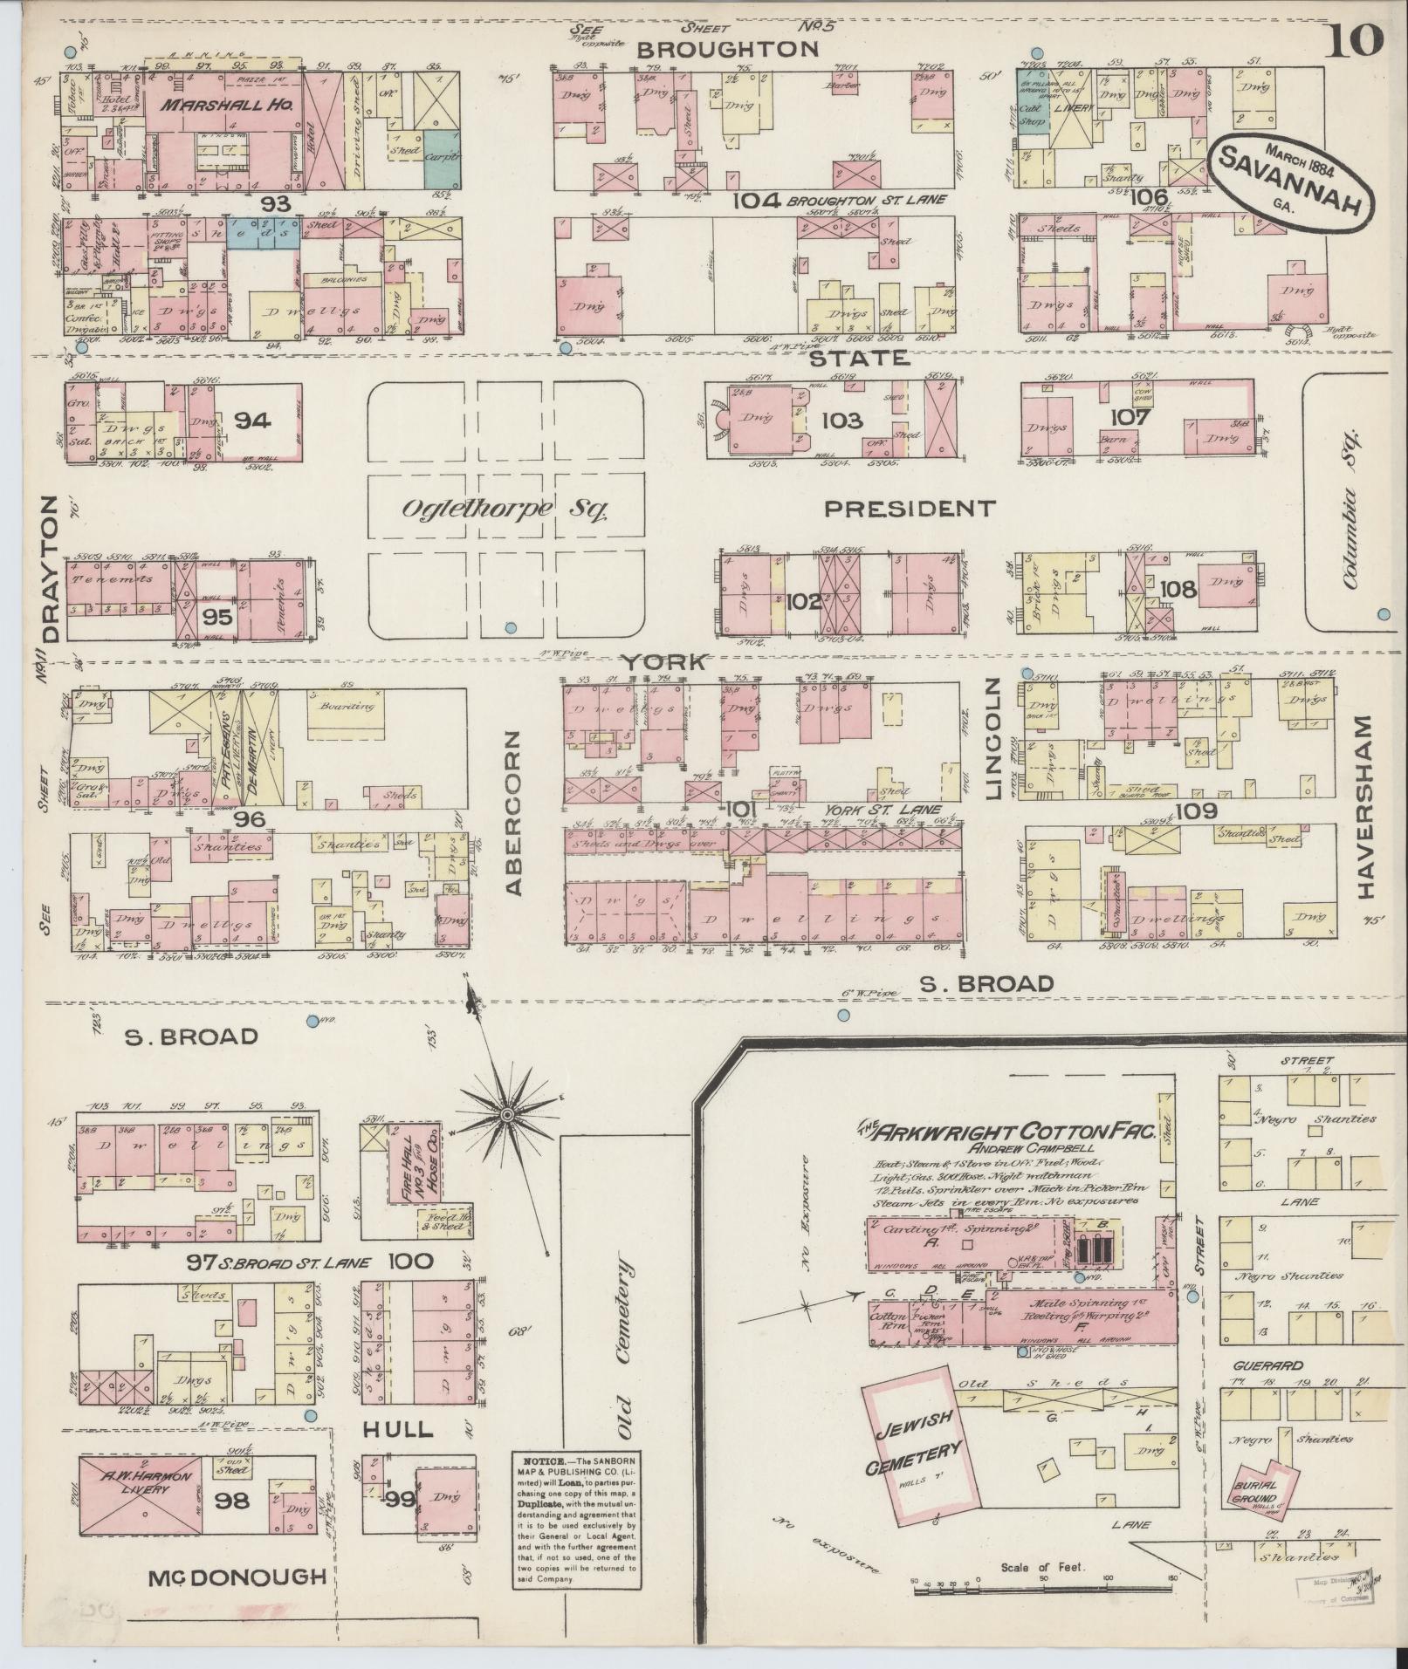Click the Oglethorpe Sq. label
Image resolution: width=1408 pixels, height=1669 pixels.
pos(504,509)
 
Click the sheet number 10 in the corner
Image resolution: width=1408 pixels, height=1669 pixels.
pos(1353,39)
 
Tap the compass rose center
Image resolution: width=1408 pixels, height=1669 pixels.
pos(505,1114)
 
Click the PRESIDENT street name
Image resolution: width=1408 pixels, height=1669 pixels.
pos(910,508)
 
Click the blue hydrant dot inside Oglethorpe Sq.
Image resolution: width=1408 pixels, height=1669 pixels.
pos(511,627)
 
